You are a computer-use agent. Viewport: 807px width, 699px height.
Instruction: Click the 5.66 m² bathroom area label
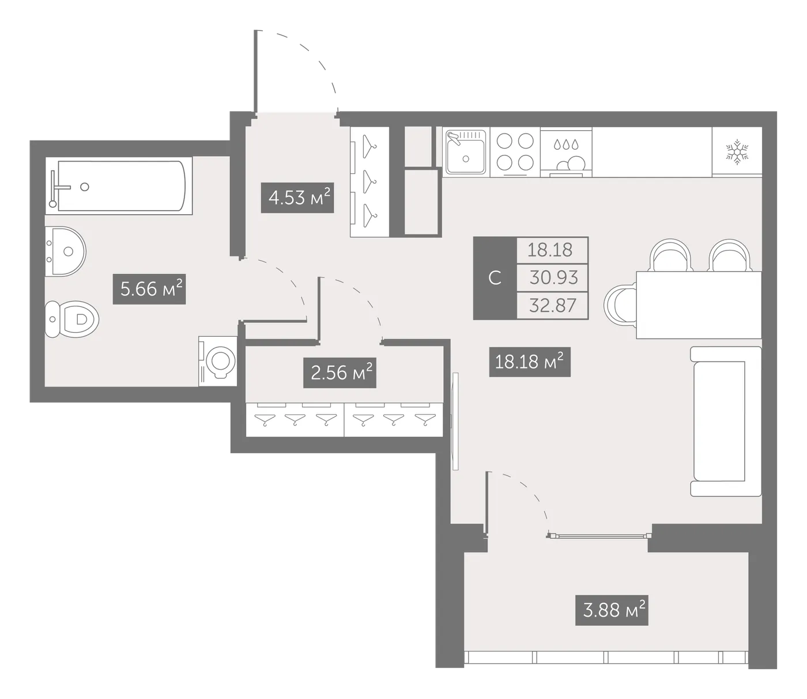pyautogui.click(x=149, y=289)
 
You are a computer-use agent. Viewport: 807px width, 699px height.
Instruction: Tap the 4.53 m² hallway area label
pyautogui.click(x=297, y=197)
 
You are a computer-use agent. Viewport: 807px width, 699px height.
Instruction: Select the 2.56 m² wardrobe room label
pyautogui.click(x=340, y=373)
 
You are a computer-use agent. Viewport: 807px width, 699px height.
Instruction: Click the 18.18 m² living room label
pyautogui.click(x=530, y=362)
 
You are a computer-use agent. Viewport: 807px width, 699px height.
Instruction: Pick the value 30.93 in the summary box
pyautogui.click(x=553, y=278)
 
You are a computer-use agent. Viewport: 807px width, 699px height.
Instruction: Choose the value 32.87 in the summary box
pyautogui.click(x=552, y=305)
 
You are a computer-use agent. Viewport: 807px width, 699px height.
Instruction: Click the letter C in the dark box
pyautogui.click(x=495, y=278)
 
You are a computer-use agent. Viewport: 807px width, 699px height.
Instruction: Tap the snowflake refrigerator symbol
pyautogui.click(x=737, y=151)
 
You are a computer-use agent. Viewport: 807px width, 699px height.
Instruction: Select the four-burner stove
pyautogui.click(x=515, y=152)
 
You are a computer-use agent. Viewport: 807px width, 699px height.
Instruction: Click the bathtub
pyautogui.click(x=119, y=185)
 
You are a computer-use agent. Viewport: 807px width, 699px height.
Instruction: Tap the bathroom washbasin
pyautogui.click(x=65, y=251)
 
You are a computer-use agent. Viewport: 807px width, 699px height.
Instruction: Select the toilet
pyautogui.click(x=72, y=319)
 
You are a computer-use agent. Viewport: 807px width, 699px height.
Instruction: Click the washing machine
pyautogui.click(x=218, y=361)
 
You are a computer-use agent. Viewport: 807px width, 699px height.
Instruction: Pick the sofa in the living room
pyautogui.click(x=725, y=421)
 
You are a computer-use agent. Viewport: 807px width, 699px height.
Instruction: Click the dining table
pyautogui.click(x=699, y=305)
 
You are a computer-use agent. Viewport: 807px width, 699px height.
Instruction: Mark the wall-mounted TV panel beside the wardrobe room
pyautogui.click(x=455, y=421)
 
